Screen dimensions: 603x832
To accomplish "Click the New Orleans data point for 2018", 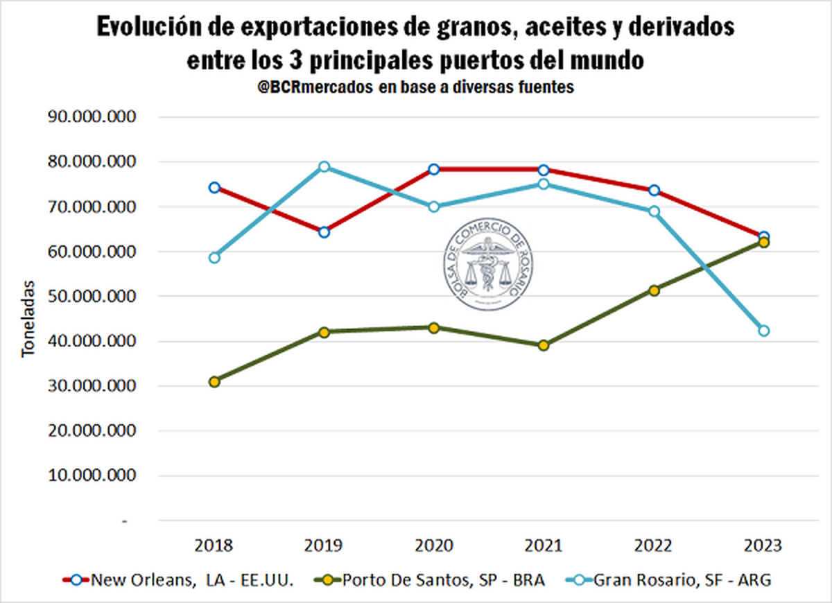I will (x=214, y=187).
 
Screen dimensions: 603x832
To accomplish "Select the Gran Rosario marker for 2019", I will (x=324, y=167).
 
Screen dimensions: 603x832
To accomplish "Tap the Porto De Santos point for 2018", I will (x=214, y=381).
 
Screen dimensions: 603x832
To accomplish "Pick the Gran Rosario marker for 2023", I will (x=763, y=331).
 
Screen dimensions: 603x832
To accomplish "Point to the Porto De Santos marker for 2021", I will (x=544, y=345).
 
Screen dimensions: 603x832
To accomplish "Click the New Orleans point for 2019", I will (x=324, y=231).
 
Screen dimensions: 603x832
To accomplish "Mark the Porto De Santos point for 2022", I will (x=654, y=290).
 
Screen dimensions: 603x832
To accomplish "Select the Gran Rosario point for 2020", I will (x=434, y=207).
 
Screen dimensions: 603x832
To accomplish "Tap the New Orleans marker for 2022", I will (x=654, y=191).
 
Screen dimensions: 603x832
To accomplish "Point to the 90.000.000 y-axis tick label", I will (x=92, y=116).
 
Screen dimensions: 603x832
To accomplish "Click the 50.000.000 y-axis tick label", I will (x=92, y=296).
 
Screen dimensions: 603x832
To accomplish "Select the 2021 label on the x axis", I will (x=544, y=545).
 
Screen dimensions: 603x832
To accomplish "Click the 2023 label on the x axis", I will (x=763, y=545).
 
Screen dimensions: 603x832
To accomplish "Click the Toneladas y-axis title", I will (x=28, y=319).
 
